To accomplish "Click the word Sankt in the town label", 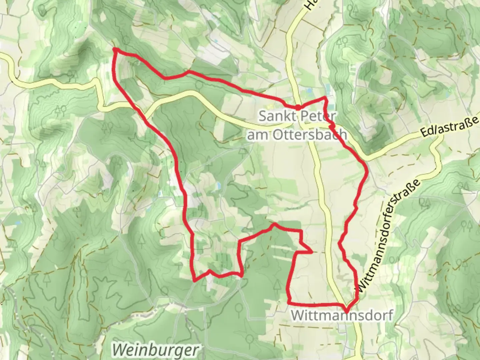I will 276,117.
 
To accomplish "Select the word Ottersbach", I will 310,135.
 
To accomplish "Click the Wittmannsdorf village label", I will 342,315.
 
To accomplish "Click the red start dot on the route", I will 297,107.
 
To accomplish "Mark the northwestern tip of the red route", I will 115,50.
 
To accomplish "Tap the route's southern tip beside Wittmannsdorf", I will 347,311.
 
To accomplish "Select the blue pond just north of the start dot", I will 309,90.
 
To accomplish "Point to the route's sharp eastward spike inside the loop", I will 311,252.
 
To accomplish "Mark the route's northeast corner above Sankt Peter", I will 326,97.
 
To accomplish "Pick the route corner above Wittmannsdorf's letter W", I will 289,303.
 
